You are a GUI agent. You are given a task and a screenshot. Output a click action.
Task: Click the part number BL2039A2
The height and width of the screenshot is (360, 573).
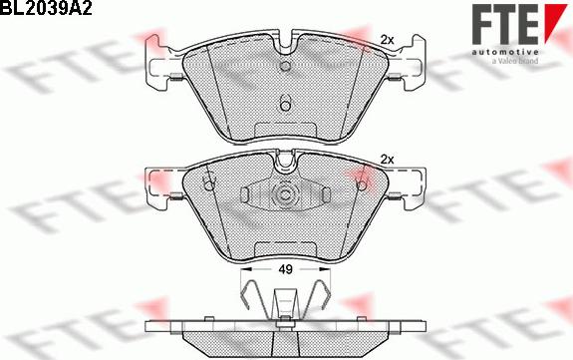pos(46,8)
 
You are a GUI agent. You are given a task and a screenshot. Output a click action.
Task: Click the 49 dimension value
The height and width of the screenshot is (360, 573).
pos(285,269)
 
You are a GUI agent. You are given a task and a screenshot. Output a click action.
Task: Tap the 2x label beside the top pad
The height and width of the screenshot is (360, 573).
pos(387,40)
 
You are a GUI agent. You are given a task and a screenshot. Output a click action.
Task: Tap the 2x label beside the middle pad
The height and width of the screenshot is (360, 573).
pos(387,160)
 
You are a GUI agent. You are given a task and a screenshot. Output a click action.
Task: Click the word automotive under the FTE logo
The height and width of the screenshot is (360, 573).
pos(504,52)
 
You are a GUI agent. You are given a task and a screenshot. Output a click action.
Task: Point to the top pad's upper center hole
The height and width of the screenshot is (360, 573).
pos(285,66)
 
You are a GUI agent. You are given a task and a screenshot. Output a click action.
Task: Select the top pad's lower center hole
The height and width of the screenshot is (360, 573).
pos(285,104)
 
